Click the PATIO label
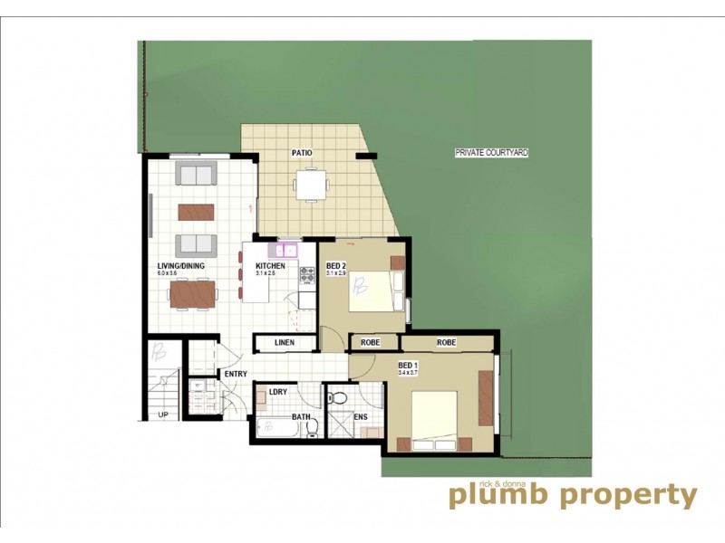click(302, 153)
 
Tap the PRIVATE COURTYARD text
click(491, 154)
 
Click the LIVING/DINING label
click(180, 265)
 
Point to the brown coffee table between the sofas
click(196, 212)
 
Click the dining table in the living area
click(193, 293)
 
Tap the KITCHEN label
click(271, 265)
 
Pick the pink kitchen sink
click(289, 248)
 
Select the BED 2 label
click(335, 266)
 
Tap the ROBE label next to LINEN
click(371, 343)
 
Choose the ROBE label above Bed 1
click(446, 343)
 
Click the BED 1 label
click(408, 366)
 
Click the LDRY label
click(277, 392)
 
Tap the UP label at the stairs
click(163, 415)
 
